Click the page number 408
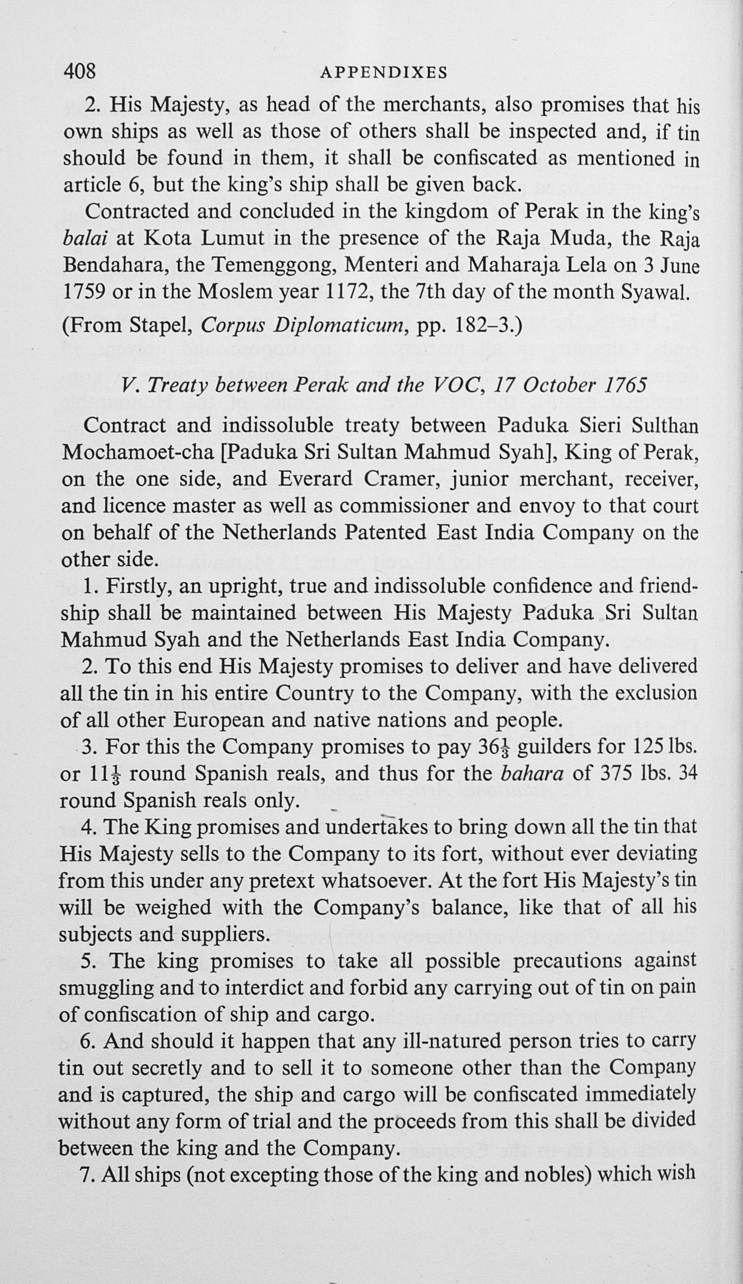79,70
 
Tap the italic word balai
86,239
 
